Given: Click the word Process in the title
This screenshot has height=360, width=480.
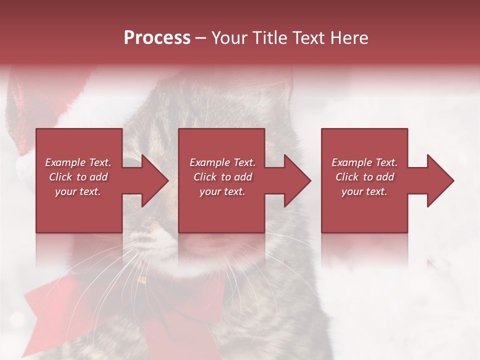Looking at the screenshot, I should [x=157, y=37].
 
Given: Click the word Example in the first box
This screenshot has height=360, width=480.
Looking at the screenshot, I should [x=65, y=162].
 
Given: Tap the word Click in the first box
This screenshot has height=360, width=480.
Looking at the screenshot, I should [x=60, y=177].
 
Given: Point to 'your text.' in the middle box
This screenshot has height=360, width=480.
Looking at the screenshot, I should [x=222, y=191].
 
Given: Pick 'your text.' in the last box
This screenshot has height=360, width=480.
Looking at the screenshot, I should [x=364, y=191].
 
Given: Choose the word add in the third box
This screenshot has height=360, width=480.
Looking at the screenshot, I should [x=384, y=177].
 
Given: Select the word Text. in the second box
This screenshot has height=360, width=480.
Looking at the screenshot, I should [x=243, y=162].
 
